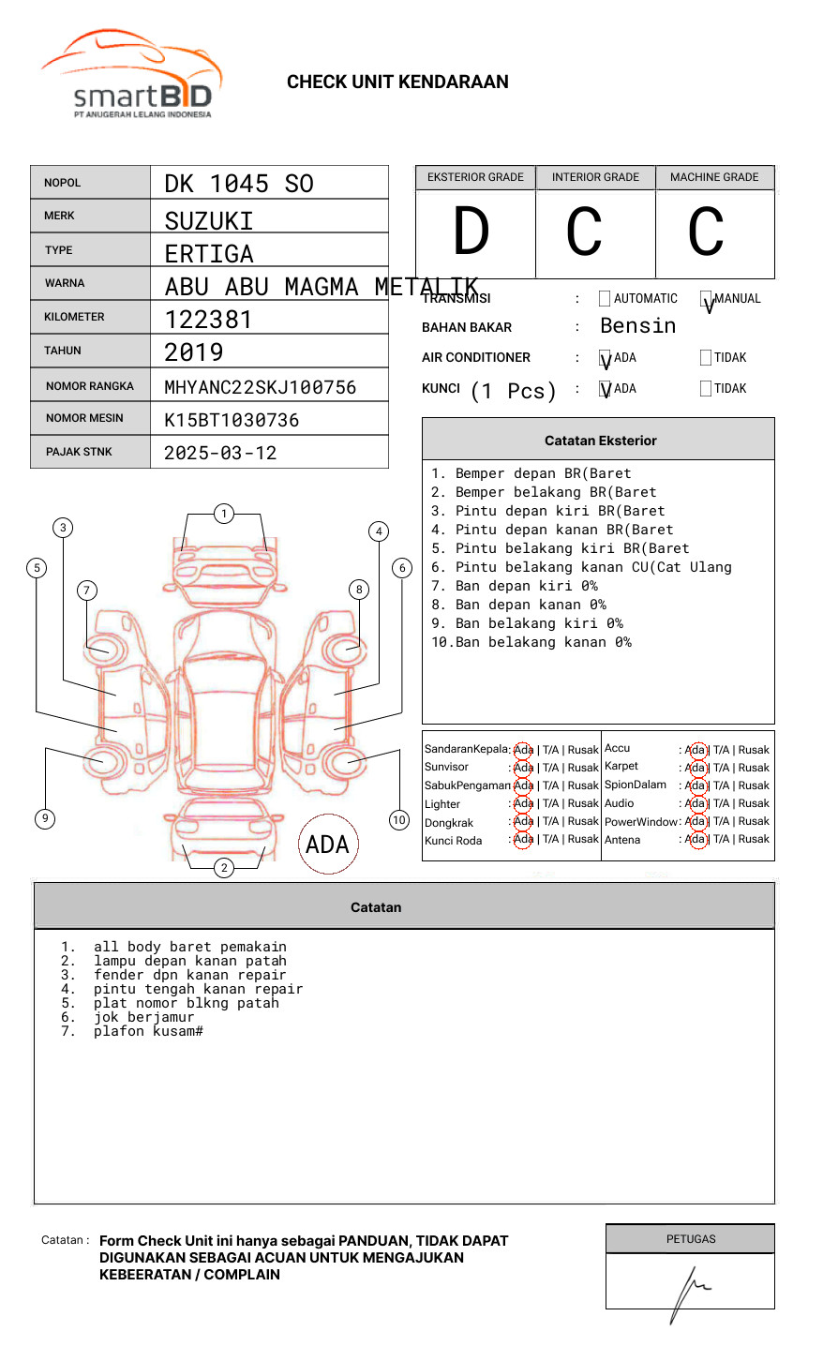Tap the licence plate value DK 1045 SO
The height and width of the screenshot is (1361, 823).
(x=239, y=184)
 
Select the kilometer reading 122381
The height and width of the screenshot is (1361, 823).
(x=209, y=320)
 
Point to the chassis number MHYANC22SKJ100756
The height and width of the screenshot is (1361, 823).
(x=261, y=387)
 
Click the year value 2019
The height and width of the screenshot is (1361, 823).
(x=194, y=352)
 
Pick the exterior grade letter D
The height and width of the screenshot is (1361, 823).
(x=471, y=232)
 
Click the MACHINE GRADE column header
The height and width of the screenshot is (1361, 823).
(x=714, y=177)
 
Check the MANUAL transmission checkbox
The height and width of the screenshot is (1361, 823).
(x=706, y=299)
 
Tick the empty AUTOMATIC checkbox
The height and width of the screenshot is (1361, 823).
(x=605, y=299)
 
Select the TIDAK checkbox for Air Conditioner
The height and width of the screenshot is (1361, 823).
(x=706, y=358)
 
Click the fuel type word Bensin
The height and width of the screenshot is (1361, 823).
(x=637, y=326)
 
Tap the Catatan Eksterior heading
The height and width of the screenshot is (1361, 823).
(x=600, y=441)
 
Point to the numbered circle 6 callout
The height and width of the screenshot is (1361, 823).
(x=402, y=568)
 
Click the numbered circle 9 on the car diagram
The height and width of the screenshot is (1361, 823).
(x=45, y=818)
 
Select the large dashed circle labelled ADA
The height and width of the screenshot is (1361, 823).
(x=327, y=845)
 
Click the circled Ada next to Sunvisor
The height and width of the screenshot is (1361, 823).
(x=523, y=768)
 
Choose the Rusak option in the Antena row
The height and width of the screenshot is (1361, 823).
(x=754, y=839)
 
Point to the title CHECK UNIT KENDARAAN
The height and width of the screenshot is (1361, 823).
(x=397, y=82)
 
